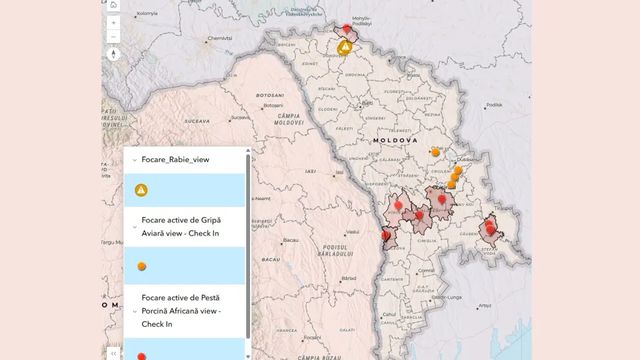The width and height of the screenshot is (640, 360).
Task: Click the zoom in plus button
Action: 114,20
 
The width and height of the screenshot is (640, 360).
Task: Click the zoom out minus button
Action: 114,36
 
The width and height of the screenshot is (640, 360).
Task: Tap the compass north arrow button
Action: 114,54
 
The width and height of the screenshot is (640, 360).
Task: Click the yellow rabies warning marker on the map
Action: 344,47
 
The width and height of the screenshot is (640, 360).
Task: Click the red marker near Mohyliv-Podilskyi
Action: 347,30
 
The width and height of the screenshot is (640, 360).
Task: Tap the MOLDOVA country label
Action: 395,142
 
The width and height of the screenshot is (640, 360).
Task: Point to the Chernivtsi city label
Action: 219,39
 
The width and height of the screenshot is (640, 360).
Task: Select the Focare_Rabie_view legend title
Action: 176,158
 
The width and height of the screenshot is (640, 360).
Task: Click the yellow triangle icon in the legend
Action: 142,190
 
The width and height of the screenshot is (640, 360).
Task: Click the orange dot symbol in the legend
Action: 142,266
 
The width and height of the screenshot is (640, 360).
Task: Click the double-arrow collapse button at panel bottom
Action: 115,352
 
